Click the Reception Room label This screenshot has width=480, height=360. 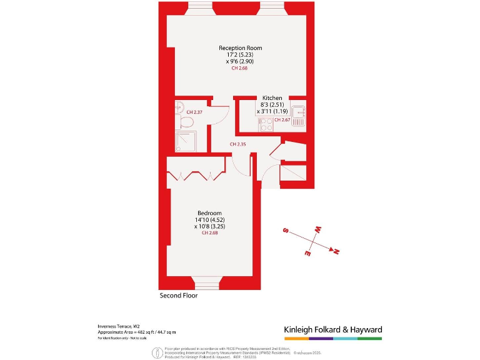pos(240,48)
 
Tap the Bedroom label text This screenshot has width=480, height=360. pos(209,213)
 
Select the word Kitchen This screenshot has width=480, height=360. pos(272,98)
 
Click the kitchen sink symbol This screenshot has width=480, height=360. pos(298,113)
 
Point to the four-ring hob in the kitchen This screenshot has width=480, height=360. pos(265,124)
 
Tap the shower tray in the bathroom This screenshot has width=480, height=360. pos(186,142)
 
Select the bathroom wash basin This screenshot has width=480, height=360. pos(179,105)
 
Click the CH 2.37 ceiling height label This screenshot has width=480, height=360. pos(194,112)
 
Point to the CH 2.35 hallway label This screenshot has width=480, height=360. pos(237,144)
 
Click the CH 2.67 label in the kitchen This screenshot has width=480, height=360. pos(282,119)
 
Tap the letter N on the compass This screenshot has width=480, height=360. pos(336,251)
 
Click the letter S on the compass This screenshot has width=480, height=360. pos(286,231)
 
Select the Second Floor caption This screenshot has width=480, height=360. pos(179,296)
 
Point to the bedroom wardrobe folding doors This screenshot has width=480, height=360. pos(196,175)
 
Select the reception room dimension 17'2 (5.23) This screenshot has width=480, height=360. pos(240,55)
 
